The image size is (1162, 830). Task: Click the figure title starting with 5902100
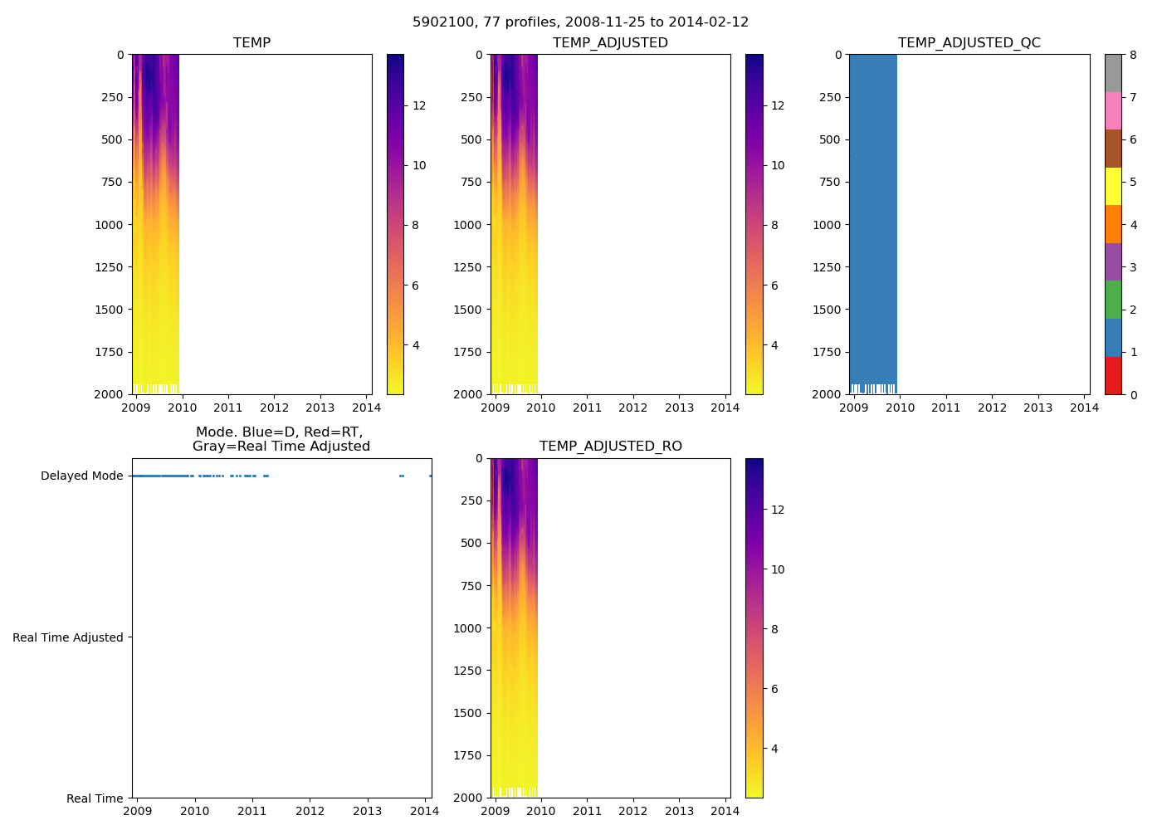coord(580,22)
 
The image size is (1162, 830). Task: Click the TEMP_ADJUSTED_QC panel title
coord(969,43)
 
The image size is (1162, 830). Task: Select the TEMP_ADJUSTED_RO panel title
coord(610,447)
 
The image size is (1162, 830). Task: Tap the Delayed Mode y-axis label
coord(81,476)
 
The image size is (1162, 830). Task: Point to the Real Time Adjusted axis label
coord(67,637)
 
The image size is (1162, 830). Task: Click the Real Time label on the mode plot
coord(95,798)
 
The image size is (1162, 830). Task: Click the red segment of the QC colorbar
coord(1113,375)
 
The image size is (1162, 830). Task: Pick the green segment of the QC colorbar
coord(1113,300)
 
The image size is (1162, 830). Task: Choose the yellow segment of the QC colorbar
coord(1113,186)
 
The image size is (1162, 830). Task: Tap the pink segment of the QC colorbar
coord(1113,110)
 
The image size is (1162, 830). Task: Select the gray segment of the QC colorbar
coord(1113,73)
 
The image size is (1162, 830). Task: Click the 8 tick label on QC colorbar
coord(1133,55)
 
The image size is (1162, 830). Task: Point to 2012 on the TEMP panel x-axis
coord(274,408)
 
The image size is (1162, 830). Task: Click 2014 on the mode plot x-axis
coord(425,811)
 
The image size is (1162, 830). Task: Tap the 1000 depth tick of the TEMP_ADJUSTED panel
coord(467,225)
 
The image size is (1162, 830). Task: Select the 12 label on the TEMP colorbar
coord(419,105)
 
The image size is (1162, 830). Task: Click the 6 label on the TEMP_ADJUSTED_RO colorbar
coord(774,689)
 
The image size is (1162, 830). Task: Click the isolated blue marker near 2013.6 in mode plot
coord(401,476)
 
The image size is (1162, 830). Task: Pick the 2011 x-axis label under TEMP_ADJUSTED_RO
coord(587,811)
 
